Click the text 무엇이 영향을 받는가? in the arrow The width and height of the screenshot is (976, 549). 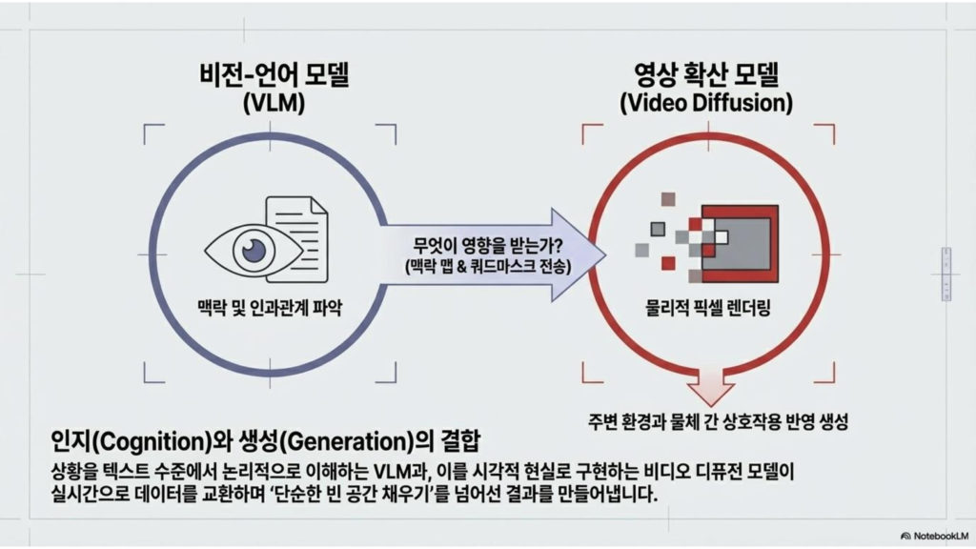[x=487, y=244]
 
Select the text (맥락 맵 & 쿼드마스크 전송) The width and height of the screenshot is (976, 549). [x=487, y=267]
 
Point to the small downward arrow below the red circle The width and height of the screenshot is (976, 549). [x=707, y=387]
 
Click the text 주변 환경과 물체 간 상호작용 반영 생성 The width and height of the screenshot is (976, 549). [x=718, y=419]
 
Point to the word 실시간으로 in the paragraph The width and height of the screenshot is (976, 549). [x=91, y=496]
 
